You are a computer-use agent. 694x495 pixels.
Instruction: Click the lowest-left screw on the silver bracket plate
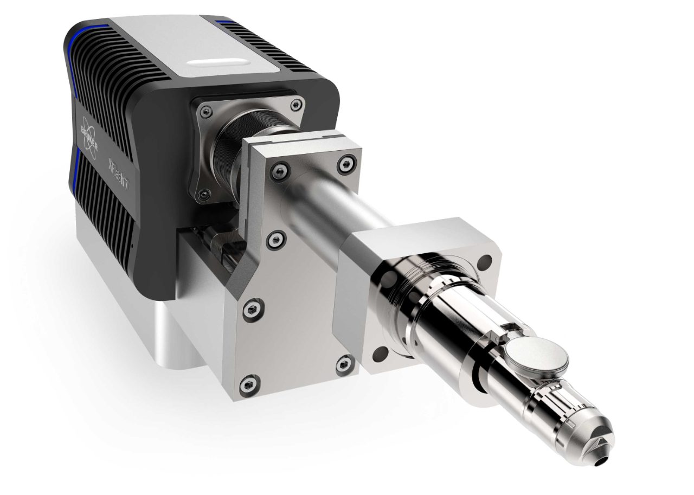[248, 384]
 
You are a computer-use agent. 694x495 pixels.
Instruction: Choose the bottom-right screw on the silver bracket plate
[342, 364]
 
